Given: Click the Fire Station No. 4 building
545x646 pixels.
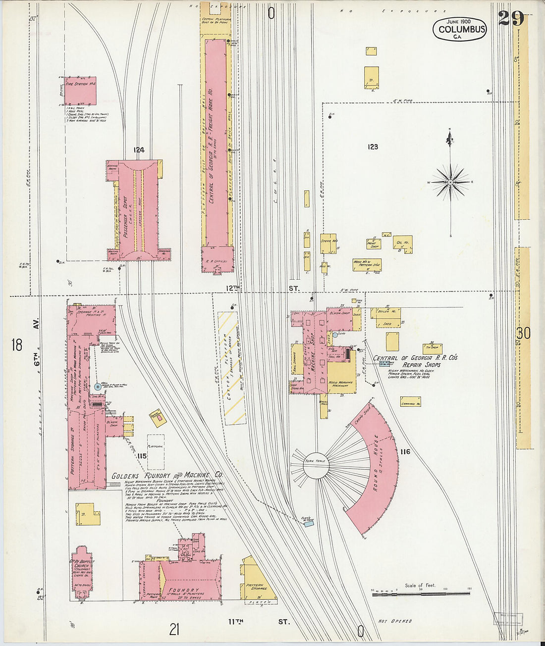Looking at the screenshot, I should [x=80, y=91].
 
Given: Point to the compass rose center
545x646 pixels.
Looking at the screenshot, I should [x=450, y=183].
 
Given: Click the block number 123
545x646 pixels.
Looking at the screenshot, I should [x=373, y=147].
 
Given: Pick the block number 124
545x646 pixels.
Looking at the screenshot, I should [x=138, y=149].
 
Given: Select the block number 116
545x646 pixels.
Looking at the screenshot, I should [x=406, y=451].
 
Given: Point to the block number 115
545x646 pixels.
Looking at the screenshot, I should [x=142, y=456].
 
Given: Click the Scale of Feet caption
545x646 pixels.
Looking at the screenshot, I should [x=420, y=585].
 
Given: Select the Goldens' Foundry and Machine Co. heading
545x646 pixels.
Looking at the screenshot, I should [x=167, y=475].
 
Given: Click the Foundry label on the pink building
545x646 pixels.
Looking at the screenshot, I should [x=183, y=591].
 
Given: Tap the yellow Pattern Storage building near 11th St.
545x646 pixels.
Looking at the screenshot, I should [x=257, y=585].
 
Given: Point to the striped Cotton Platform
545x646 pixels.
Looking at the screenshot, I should [x=231, y=367].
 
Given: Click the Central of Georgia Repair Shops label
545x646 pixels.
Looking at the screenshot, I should [x=415, y=361].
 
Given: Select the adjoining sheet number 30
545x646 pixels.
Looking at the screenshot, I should [x=523, y=334].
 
